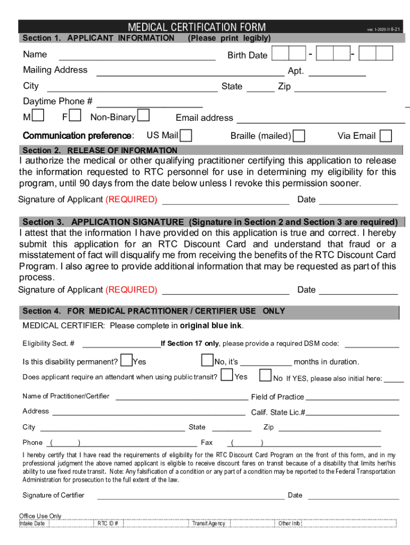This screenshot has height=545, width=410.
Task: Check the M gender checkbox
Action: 38,115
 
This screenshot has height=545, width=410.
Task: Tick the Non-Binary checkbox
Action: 143,115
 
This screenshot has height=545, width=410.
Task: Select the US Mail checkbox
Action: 186,135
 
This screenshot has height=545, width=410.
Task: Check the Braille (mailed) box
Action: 299,136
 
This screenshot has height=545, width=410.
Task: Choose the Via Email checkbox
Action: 386,136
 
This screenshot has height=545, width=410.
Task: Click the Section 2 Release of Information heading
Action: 100,151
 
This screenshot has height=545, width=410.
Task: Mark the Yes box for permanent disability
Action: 127,360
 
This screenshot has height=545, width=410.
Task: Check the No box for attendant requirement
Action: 265,376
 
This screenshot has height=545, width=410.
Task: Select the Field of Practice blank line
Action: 352,398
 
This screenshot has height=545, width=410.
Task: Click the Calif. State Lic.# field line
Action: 352,413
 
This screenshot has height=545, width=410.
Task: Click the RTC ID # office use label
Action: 108,523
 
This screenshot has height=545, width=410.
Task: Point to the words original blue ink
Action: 211,326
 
